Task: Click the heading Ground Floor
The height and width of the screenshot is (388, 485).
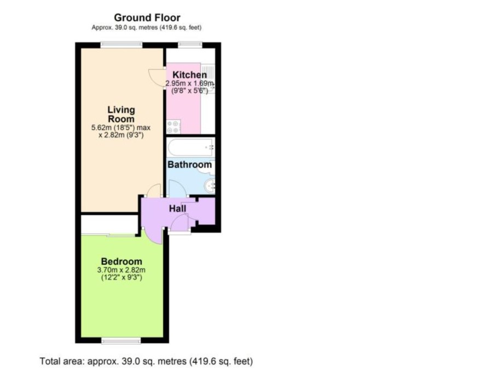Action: coord(147,18)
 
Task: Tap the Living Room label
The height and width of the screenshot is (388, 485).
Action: coord(121,115)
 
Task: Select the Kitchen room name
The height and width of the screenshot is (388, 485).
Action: coord(189,75)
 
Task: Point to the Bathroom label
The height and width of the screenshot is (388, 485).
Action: coord(189,164)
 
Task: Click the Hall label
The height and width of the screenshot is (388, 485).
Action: coord(177,208)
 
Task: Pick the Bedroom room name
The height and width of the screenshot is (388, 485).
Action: coord(122,261)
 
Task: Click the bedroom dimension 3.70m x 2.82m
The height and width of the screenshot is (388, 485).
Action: coord(122,270)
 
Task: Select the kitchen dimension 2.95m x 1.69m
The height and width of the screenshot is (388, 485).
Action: coord(189,83)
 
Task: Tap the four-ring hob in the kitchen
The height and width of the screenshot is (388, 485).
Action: coord(173,127)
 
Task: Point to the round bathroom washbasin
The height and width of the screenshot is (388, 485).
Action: coord(210,186)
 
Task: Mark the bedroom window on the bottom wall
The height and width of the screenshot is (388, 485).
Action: coord(121,341)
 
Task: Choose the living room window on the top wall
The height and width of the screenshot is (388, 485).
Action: coord(122,44)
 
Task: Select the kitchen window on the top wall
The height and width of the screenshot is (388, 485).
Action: coord(190,44)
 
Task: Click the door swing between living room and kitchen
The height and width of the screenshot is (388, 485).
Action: coord(157,79)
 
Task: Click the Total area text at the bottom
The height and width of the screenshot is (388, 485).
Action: coord(146,361)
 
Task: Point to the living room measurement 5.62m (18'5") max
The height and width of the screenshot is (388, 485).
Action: coord(121,128)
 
